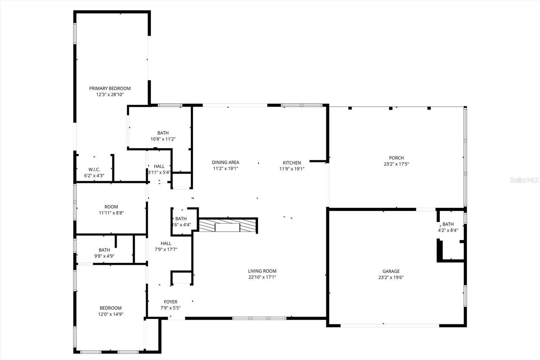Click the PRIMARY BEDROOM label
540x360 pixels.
point(110,88)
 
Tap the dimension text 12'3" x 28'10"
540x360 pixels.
point(110,95)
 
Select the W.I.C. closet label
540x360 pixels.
point(94,170)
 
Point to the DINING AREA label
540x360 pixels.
point(225,162)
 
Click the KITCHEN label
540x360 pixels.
point(292,163)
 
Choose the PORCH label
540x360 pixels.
point(396,158)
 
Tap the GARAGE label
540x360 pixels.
point(391,271)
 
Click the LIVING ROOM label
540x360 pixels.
point(262,271)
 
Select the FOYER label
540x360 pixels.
point(170,302)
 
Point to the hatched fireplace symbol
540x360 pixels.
point(228,226)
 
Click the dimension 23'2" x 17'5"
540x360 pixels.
point(396,164)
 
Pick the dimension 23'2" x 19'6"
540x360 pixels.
point(391,278)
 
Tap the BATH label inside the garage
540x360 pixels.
point(448,224)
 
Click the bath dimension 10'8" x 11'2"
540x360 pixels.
point(163,139)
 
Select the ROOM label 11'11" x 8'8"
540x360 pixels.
point(111,207)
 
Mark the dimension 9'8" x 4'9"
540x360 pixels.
point(104,256)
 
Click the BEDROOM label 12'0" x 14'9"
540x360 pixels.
point(110,308)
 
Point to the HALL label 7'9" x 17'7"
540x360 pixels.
point(166,243)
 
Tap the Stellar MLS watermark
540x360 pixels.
point(524,180)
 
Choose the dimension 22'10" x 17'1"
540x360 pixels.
point(262,277)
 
